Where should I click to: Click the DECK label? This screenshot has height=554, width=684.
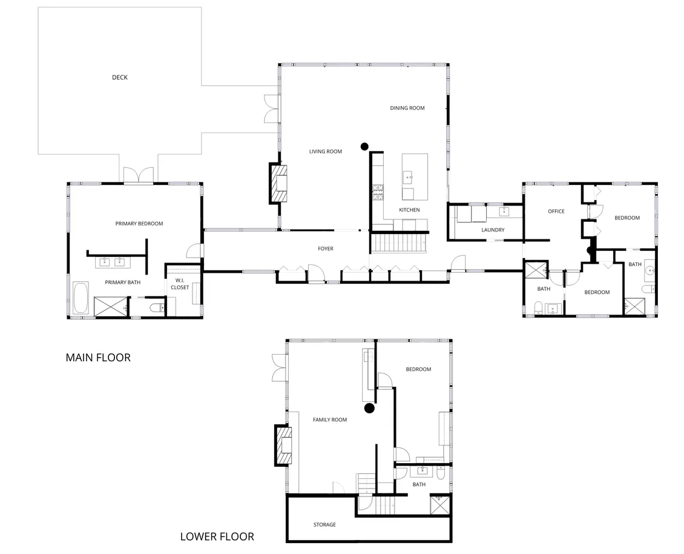point(119,78)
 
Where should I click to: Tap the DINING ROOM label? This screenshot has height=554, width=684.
point(407,108)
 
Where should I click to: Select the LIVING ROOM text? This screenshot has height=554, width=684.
point(326,152)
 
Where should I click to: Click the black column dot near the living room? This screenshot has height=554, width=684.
point(364,147)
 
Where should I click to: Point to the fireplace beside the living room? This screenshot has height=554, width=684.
point(278,183)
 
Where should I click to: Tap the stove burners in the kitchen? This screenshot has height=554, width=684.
point(377,193)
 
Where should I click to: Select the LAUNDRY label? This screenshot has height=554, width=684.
point(493,230)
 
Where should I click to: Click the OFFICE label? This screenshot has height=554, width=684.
point(556,212)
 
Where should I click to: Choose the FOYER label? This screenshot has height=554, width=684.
point(326,249)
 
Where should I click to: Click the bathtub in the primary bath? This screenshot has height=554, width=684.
point(81,298)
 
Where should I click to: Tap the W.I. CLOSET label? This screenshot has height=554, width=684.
point(180,284)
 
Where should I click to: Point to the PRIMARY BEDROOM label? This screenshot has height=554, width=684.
point(139,224)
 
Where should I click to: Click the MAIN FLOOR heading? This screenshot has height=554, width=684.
point(98,358)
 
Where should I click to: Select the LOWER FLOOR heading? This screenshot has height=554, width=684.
point(217,536)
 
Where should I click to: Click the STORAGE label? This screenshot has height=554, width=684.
point(324,525)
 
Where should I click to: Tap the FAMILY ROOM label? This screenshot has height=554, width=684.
point(330,420)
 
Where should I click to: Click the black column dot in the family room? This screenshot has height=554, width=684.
point(369,409)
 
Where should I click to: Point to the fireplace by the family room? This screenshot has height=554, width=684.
point(283,445)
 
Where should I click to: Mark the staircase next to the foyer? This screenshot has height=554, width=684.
point(398,243)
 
